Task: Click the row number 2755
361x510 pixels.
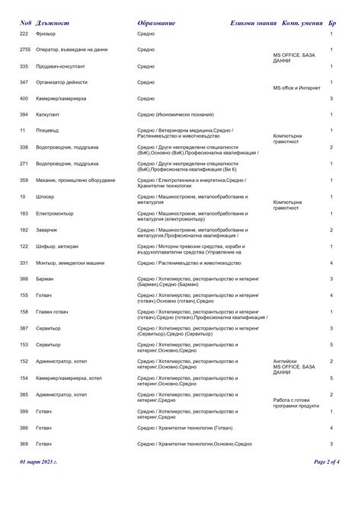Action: click(24, 49)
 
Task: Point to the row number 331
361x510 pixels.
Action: click(24, 263)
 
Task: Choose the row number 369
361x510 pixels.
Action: click(24, 443)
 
